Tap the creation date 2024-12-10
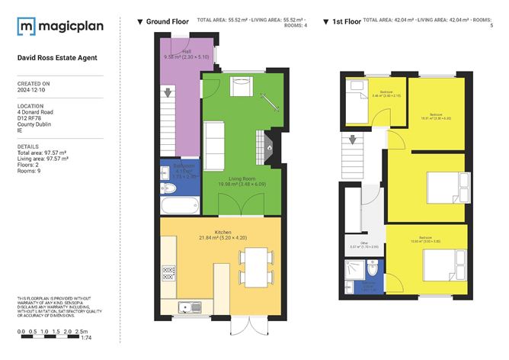[x=34, y=88]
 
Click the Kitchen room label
[x=222, y=230]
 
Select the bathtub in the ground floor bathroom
[x=180, y=204]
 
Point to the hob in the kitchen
[x=169, y=272]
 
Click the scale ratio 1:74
[x=86, y=338]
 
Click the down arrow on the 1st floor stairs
[x=353, y=140]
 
